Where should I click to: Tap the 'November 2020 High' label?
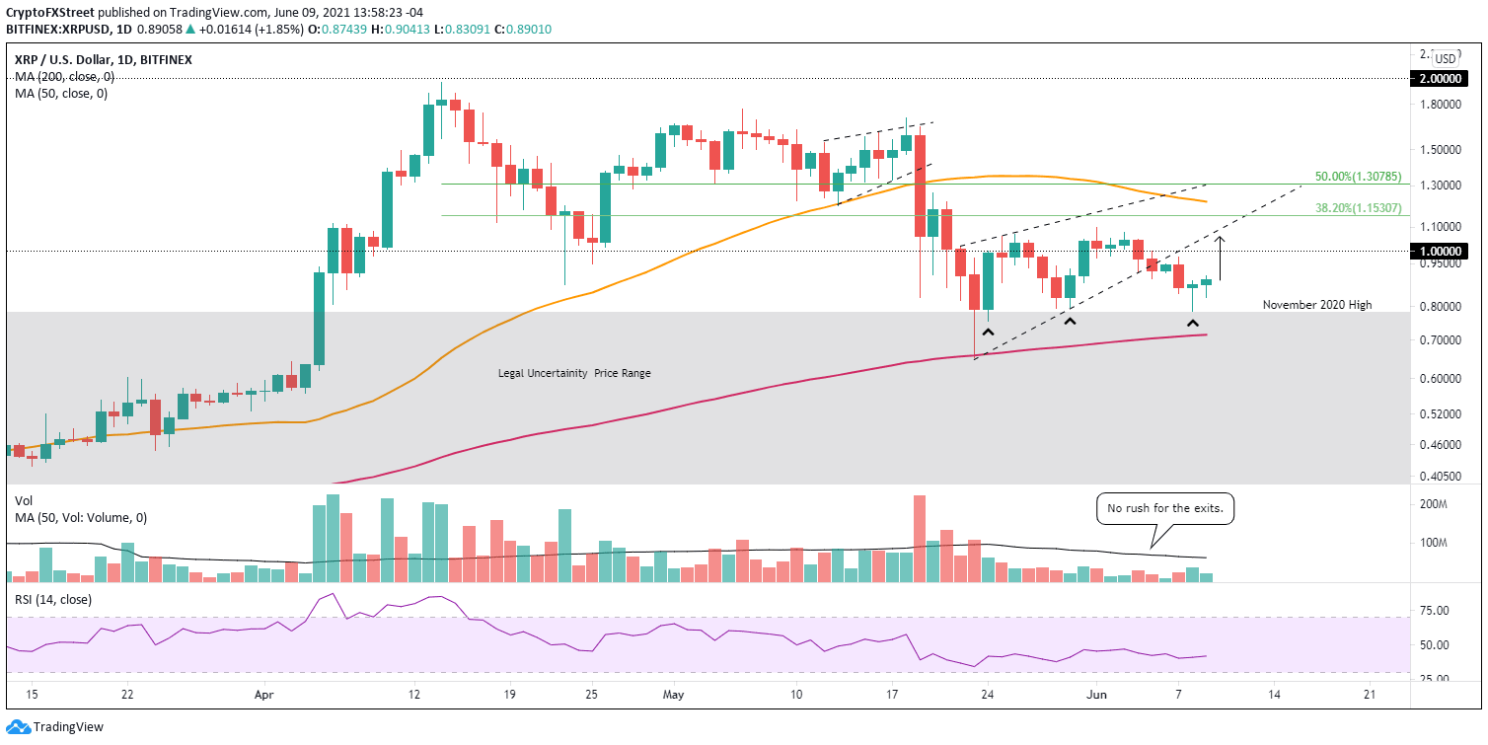coord(1316,305)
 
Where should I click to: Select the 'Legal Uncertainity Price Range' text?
coord(573,373)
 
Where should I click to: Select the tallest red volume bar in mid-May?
coord(920,538)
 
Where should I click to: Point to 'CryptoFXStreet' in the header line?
coord(49,11)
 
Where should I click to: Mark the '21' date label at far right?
coord(1370,695)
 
